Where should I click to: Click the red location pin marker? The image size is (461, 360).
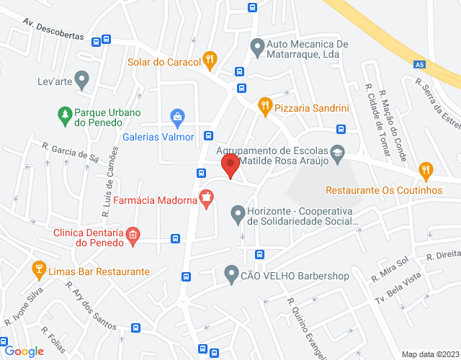tap(230, 166)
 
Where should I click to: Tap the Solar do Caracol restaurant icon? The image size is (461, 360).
tap(210, 60)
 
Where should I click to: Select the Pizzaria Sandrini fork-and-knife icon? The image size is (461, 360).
tap(265, 107)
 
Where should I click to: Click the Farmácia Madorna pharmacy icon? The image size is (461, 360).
tap(207, 199)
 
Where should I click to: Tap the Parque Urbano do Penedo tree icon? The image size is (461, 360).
tap(65, 114)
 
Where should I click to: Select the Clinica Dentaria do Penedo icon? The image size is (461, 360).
tap(132, 235)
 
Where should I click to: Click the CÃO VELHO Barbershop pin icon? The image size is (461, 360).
tap(230, 274)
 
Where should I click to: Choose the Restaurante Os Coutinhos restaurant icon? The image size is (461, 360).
tap(426, 171)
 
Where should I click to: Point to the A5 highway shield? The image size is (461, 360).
tap(419, 65)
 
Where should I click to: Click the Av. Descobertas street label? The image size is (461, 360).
tap(53, 30)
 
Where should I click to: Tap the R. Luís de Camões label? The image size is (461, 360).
tap(109, 184)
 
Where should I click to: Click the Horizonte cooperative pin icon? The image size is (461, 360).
tap(237, 213)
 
